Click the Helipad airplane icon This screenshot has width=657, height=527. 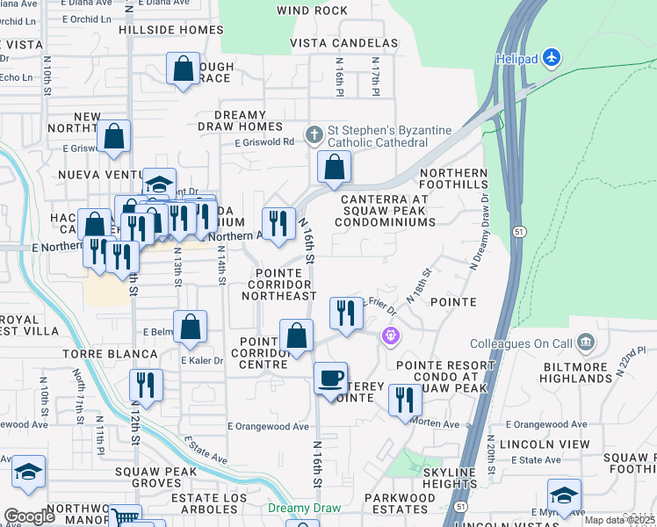pos(551,58)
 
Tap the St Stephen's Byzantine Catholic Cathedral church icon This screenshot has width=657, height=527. pos(314,135)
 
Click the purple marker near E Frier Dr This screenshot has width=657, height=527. pos(391,336)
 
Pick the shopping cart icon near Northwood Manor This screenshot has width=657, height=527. pos(125,518)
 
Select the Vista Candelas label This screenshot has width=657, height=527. pos(344,43)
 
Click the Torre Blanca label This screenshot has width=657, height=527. pos(97,354)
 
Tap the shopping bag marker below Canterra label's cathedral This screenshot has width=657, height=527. pos(334,167)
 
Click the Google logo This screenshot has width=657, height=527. pos(30,516)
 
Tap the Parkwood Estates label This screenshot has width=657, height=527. pos(400,503)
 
